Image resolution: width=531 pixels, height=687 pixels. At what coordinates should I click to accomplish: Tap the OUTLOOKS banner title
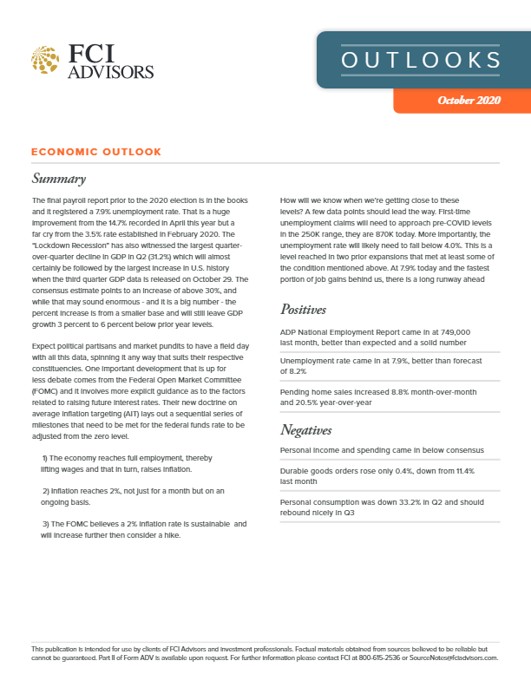(x=421, y=60)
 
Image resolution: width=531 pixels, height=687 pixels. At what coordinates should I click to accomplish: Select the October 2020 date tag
(x=469, y=101)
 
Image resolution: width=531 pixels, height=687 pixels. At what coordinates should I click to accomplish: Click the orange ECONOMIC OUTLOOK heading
(x=95, y=152)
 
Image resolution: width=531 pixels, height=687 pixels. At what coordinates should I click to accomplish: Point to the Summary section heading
(x=58, y=180)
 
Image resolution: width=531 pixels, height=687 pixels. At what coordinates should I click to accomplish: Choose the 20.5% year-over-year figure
(x=311, y=402)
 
